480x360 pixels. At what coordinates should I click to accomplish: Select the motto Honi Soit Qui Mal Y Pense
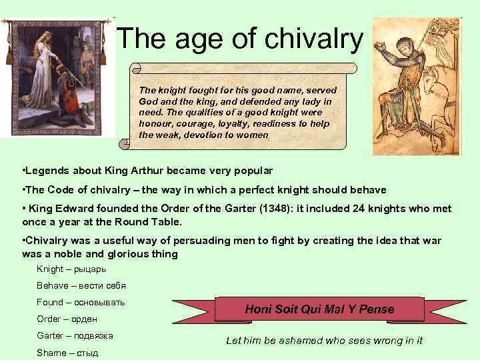pyautogui.click(x=320, y=309)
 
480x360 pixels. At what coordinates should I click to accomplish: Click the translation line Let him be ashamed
pyautogui.click(x=324, y=341)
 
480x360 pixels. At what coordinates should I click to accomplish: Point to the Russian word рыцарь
pyautogui.click(x=89, y=269)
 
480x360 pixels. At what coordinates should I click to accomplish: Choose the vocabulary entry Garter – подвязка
pyautogui.click(x=75, y=335)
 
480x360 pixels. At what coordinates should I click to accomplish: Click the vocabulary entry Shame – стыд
pyautogui.click(x=67, y=352)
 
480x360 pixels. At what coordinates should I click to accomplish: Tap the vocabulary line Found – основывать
pyautogui.click(x=81, y=302)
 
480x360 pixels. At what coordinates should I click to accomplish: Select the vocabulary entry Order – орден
pyautogui.click(x=67, y=319)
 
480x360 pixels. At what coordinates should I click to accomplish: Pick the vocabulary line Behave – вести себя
pyautogui.click(x=81, y=285)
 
